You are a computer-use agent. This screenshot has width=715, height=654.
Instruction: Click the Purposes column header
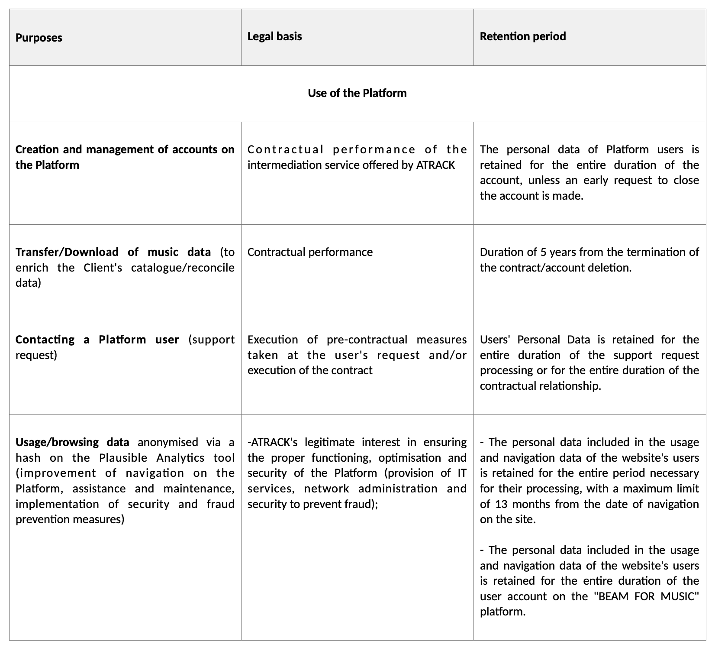coord(39,38)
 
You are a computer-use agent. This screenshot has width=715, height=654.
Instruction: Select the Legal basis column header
coord(274,36)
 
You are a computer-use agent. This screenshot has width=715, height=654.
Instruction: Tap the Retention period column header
coord(522,36)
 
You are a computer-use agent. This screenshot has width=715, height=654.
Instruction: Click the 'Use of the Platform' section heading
coord(357,94)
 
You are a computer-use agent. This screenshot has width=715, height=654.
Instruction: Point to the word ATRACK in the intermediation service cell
coord(435,165)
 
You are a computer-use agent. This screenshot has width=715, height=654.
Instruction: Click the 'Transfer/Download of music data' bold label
coord(113,252)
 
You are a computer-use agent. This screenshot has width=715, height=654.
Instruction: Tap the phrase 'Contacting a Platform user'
coord(97,340)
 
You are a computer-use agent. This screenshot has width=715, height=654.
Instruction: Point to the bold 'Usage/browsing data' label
coord(72,442)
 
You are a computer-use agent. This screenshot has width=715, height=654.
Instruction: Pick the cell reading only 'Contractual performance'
coord(310,252)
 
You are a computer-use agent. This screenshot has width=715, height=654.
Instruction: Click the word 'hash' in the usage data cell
coord(28,458)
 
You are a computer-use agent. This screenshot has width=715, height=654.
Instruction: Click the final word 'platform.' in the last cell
coord(502,612)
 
